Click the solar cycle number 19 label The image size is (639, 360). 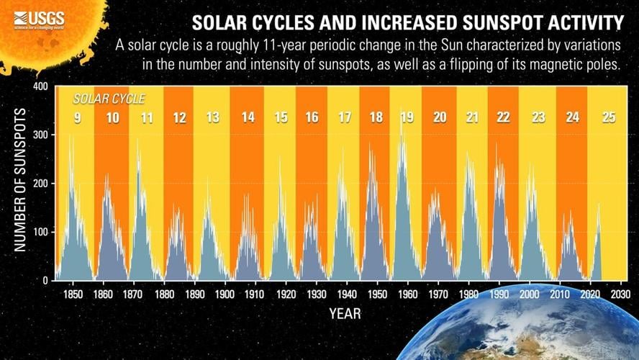(x=407, y=117)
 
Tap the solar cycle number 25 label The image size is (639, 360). (x=608, y=117)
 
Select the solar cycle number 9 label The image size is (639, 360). (x=78, y=117)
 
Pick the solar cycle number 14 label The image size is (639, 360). (x=247, y=117)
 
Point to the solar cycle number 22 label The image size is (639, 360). (x=504, y=117)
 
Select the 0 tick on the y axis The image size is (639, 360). (x=45, y=281)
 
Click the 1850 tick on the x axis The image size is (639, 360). (x=72, y=294)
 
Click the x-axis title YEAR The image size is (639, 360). (x=345, y=314)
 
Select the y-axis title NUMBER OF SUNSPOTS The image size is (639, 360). (x=20, y=180)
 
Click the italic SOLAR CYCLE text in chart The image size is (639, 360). (x=109, y=98)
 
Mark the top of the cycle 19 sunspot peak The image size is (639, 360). (x=402, y=109)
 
